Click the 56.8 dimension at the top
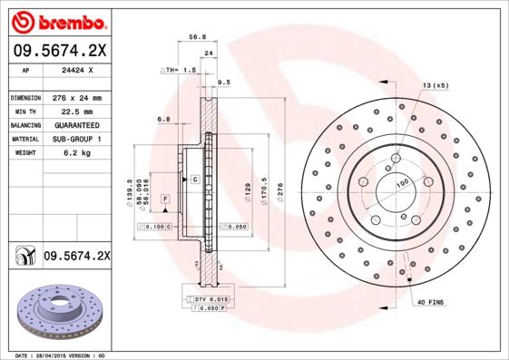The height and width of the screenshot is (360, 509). coord(192,38)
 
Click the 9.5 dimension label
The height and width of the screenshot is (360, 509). coord(224,83)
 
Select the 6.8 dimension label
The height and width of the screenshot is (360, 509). coord(163,119)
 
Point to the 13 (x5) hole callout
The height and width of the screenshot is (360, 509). coord(435,85)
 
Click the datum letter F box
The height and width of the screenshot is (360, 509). coord(166,198)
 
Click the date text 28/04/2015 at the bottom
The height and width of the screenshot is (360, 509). coord(60,355)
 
